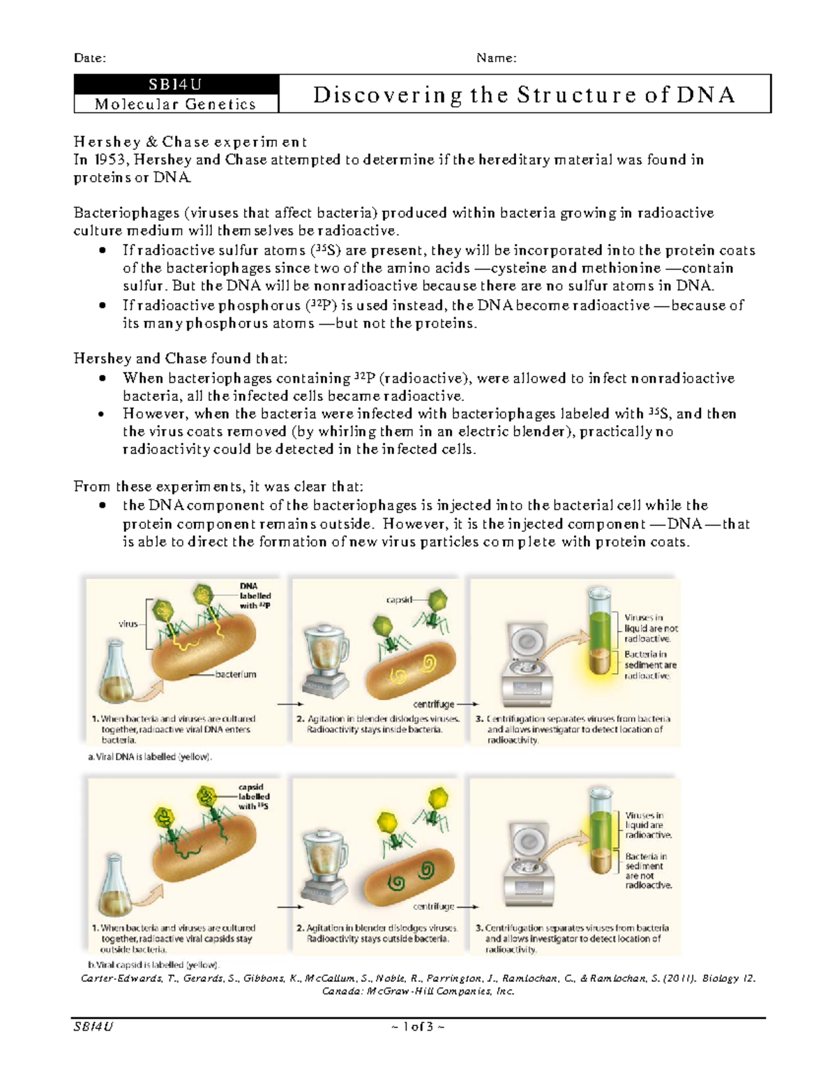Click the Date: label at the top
(90, 58)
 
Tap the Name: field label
(496, 58)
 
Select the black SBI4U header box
(176, 84)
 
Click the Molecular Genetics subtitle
(176, 104)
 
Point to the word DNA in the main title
(705, 94)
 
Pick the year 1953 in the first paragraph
(110, 160)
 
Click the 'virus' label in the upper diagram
(128, 624)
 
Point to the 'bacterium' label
(235, 674)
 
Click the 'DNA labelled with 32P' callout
(255, 596)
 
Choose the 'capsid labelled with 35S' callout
(253, 796)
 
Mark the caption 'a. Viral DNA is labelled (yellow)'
(149, 757)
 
